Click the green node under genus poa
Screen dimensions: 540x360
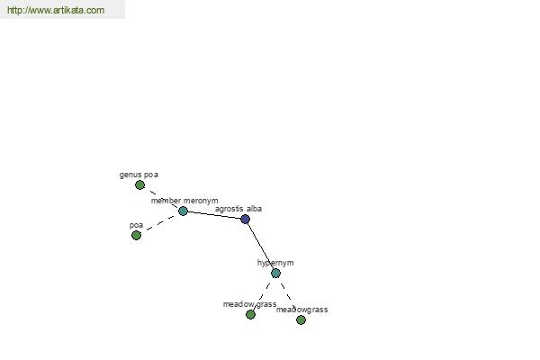click(139, 185)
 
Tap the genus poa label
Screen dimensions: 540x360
click(139, 175)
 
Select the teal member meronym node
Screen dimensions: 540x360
click(183, 211)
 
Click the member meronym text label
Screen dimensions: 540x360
click(184, 201)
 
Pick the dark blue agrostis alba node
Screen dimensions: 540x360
click(245, 219)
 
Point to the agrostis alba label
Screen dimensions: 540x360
click(238, 209)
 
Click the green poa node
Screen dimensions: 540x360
click(137, 235)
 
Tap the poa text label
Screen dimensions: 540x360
click(136, 225)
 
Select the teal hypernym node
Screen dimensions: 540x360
click(275, 274)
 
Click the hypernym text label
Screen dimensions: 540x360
click(275, 263)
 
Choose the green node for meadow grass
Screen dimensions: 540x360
click(250, 314)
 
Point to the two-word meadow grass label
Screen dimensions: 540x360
click(249, 304)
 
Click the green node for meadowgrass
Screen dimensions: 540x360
click(301, 320)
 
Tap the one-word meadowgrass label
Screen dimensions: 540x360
click(301, 310)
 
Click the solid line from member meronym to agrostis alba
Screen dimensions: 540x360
click(214, 215)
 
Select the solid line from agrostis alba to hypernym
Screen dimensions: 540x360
click(260, 246)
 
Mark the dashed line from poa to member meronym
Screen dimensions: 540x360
click(160, 223)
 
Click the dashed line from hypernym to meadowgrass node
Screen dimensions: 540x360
click(288, 297)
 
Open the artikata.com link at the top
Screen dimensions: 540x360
click(56, 10)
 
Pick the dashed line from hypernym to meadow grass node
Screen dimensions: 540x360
click(263, 294)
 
